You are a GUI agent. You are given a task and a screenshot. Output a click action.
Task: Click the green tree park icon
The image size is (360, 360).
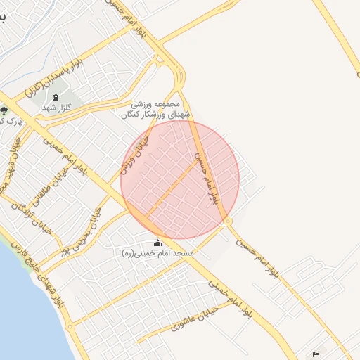click(4, 110)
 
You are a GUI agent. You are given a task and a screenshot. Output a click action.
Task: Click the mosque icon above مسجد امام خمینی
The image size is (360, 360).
click(157, 243)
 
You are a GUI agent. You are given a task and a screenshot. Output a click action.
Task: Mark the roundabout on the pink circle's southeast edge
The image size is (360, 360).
click(229, 222)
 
